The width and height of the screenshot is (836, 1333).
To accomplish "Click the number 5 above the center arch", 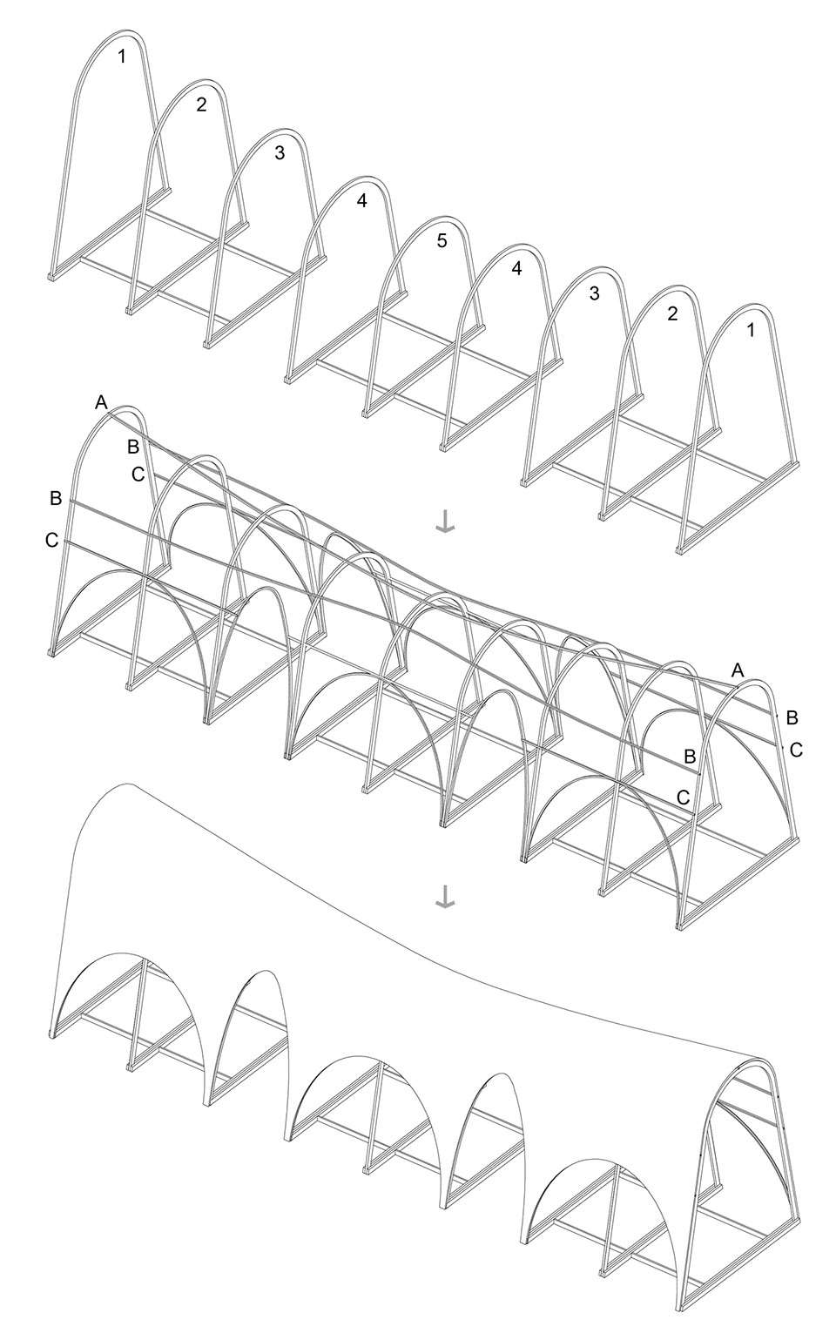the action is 441,241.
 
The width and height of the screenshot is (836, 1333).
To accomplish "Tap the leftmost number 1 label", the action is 122,57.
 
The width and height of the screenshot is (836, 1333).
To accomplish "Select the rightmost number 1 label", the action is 751,330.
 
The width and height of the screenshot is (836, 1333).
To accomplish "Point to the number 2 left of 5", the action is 202,104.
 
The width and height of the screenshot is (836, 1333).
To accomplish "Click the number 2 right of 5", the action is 672,313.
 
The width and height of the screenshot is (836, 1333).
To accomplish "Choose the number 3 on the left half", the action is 280,153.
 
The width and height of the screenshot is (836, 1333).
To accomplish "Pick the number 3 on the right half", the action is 595,293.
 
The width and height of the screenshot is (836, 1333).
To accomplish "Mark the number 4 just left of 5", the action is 361,200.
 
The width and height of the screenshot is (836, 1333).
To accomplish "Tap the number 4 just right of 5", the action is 516,268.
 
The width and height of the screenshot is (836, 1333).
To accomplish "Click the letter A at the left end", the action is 101,403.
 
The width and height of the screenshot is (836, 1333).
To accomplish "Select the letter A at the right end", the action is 738,670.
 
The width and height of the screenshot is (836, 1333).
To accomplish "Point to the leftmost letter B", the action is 56,499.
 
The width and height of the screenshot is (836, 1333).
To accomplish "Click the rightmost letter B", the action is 792,717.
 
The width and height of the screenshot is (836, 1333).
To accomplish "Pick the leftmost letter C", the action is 52,541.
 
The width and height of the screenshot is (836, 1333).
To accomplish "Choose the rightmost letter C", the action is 797,751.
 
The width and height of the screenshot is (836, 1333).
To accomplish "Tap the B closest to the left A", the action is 133,446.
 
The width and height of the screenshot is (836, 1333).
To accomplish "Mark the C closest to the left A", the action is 138,475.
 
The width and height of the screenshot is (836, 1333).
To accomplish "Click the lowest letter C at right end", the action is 684,797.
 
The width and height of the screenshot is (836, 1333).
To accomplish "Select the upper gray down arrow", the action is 444,522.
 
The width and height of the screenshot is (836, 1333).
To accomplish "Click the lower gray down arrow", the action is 444,899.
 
